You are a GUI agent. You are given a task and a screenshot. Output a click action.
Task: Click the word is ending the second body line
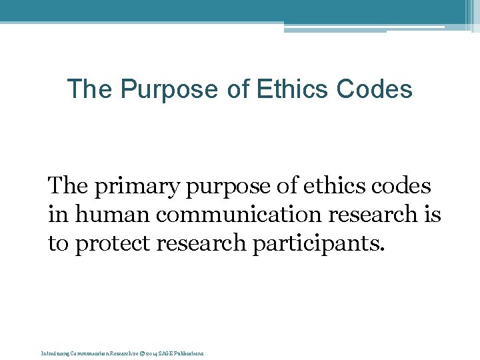click(x=432, y=214)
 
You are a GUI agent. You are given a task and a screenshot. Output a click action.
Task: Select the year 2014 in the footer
click(x=148, y=353)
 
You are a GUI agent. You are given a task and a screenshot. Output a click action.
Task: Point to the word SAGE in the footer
click(x=165, y=353)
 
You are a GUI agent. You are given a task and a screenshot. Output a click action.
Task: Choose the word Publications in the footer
click(x=189, y=353)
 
